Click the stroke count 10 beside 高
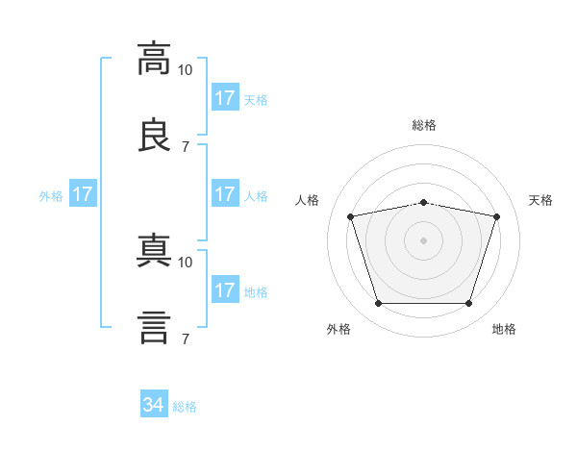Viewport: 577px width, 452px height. [x=186, y=69]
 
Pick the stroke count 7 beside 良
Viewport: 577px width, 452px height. [x=186, y=146]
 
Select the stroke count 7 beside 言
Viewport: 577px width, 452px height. [x=186, y=339]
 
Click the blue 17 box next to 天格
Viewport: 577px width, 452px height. [x=225, y=98]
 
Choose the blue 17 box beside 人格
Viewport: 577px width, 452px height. [x=225, y=194]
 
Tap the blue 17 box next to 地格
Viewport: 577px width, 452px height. [x=225, y=290]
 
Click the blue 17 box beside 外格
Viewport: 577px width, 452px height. [x=83, y=194]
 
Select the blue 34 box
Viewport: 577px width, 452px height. [x=154, y=406]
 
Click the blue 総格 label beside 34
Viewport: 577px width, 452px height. [x=186, y=407]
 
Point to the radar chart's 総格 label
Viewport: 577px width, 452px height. [x=424, y=125]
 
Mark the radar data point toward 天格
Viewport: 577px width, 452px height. [x=496, y=217]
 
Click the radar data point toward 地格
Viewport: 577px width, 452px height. [x=468, y=303]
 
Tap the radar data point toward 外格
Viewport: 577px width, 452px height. [x=378, y=303]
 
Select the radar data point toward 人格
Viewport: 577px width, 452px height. [x=351, y=217]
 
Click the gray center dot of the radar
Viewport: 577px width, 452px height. [x=424, y=240]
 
